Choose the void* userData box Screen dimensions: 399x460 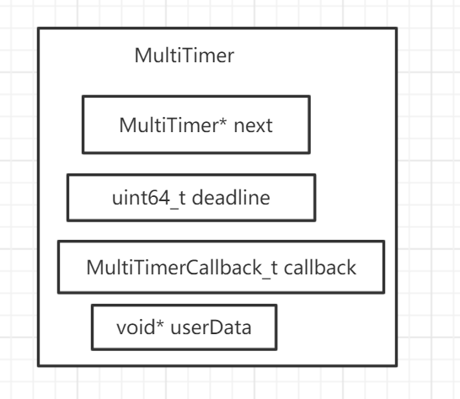click(x=183, y=327)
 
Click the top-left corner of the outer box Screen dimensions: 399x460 click(x=38, y=29)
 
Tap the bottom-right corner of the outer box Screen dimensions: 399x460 click(x=397, y=365)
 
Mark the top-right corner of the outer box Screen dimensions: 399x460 click(x=397, y=29)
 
